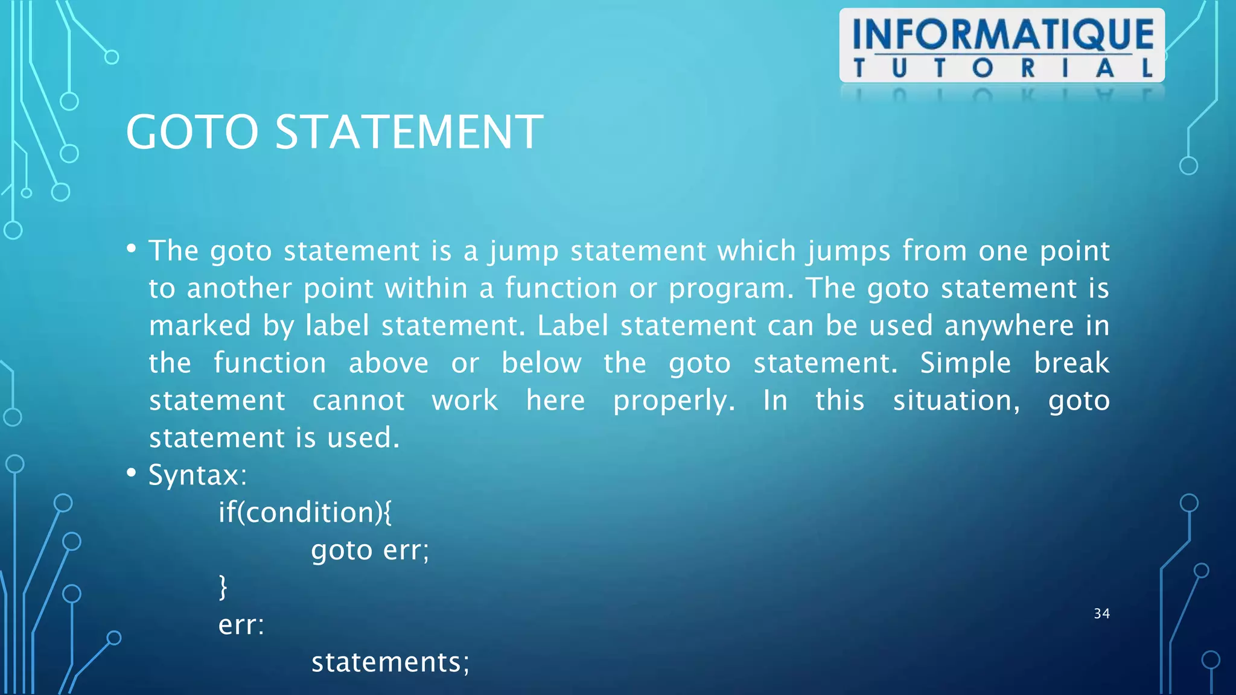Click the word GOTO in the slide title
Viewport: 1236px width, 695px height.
(x=192, y=132)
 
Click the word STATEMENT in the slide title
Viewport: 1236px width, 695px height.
(x=409, y=132)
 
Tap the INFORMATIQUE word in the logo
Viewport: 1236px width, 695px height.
(x=1002, y=34)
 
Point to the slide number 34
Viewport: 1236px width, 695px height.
(x=1101, y=614)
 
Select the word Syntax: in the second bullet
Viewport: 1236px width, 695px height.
(x=197, y=475)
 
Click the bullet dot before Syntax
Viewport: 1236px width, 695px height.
(x=131, y=473)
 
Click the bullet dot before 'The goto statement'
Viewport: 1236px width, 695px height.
(x=131, y=249)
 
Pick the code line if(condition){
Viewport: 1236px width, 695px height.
(x=305, y=513)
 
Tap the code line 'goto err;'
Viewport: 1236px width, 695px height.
(x=370, y=550)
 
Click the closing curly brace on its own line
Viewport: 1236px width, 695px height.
(x=223, y=587)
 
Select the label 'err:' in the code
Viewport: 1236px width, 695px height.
(x=241, y=625)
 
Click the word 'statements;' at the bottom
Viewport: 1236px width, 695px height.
(x=390, y=662)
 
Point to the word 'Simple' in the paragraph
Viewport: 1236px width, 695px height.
(x=965, y=363)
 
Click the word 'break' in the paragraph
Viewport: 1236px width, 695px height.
(x=1071, y=363)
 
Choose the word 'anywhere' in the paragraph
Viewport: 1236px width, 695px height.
(x=1009, y=326)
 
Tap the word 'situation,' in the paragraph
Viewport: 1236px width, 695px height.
(x=957, y=401)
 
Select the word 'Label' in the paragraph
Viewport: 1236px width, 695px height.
(x=573, y=326)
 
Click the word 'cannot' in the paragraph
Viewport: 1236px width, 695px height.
(x=358, y=401)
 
